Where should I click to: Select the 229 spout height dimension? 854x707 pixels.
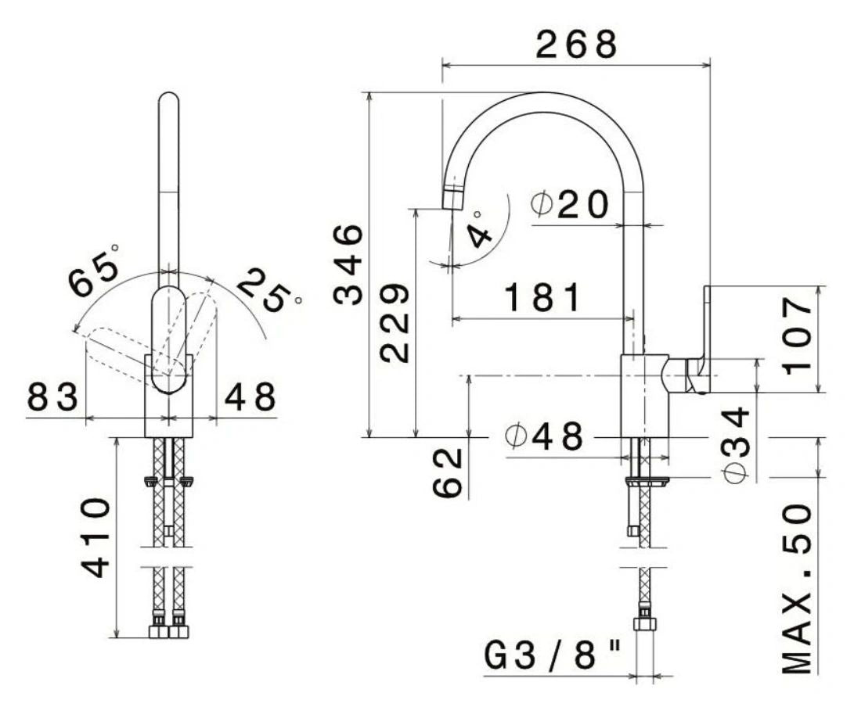point(395,322)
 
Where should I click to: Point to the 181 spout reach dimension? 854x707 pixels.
point(542,297)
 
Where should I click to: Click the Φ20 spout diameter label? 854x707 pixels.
point(569,204)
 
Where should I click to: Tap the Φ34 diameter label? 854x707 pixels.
point(737,445)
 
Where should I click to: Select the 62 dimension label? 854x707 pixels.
point(448,473)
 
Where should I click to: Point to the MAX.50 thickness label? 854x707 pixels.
point(798,589)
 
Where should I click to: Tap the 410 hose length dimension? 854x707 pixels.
point(95,537)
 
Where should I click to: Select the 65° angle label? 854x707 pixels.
point(94,271)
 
